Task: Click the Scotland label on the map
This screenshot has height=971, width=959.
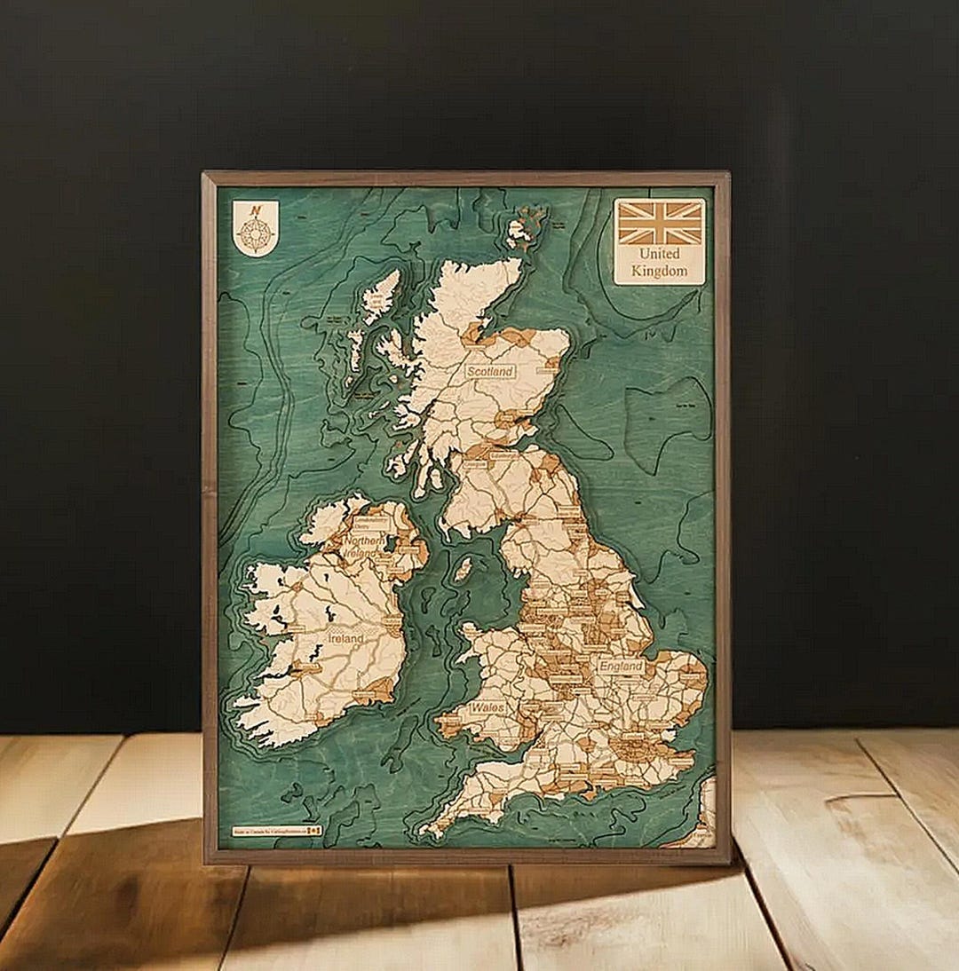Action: point(490,372)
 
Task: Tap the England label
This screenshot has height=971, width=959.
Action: point(621,666)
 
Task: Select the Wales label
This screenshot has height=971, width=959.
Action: point(487,708)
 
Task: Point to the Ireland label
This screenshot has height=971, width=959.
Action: point(345,638)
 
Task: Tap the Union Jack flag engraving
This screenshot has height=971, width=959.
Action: point(660,222)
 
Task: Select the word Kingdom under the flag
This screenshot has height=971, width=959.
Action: point(660,271)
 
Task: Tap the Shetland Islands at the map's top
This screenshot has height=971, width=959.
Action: point(527,225)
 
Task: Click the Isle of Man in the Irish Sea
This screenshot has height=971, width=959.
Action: point(464,569)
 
